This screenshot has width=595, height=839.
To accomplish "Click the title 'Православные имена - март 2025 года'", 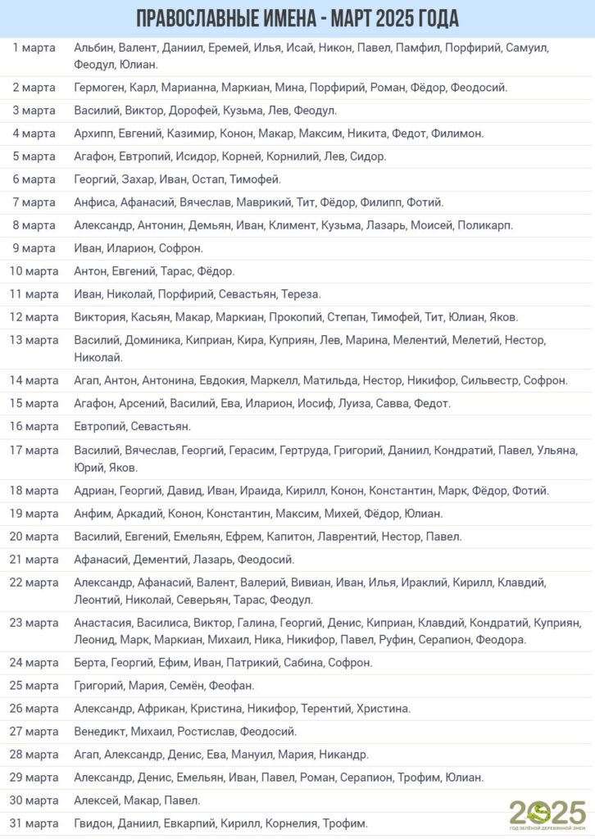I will [297, 18].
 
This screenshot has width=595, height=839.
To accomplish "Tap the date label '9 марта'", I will [34, 248].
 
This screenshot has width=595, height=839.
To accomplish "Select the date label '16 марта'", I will [34, 426].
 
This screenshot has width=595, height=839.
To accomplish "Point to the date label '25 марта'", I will [34, 685].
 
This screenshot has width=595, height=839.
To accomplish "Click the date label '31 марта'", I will [34, 823].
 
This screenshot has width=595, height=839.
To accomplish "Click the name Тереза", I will [301, 294].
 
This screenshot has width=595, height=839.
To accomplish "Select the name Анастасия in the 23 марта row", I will [102, 623].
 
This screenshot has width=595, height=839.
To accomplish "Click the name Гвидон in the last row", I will [93, 823].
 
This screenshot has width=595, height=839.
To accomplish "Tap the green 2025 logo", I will [547, 812].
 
